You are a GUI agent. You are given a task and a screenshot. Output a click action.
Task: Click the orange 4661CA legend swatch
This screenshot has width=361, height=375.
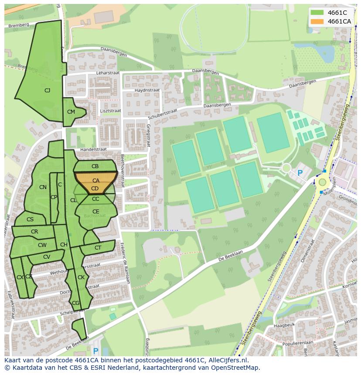pyautogui.click(x=317, y=21)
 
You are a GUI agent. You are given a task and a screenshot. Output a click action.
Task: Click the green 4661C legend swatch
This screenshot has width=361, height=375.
pyautogui.click(x=317, y=13)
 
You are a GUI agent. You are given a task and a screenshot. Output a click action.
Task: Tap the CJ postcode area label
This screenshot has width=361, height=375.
pyautogui.click(x=47, y=91)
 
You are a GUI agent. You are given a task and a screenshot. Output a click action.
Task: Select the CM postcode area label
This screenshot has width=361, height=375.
pyautogui.click(x=71, y=112)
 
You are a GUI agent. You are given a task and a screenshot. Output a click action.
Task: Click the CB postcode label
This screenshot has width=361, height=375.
pyautogui.click(x=95, y=166)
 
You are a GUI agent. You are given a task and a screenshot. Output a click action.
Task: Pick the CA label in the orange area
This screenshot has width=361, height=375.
pyautogui.click(x=96, y=180)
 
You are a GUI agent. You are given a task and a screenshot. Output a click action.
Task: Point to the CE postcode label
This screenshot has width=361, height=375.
pyautogui.click(x=95, y=212)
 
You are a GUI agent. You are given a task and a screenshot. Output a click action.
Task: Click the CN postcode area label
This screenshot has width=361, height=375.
pyautogui.click(x=43, y=187)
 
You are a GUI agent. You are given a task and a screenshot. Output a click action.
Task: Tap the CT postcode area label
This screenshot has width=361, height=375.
pyautogui.click(x=98, y=248)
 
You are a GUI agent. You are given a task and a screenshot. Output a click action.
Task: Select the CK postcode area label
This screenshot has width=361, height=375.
pyautogui.click(x=81, y=277)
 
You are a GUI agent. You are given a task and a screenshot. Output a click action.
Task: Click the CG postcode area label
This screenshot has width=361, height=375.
pyautogui.click(x=75, y=303)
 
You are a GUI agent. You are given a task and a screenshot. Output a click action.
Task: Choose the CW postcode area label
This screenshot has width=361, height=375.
pyautogui.click(x=42, y=245)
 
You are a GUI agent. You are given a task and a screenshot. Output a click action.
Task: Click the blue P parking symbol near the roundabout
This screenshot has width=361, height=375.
pyautogui.click(x=300, y=173)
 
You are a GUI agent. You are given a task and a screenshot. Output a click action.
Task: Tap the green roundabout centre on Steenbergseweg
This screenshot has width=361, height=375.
pyautogui.click(x=322, y=182)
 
